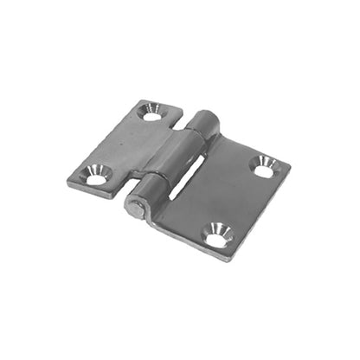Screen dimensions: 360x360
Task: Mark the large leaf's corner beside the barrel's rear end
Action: pyautogui.click(x=221, y=132)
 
